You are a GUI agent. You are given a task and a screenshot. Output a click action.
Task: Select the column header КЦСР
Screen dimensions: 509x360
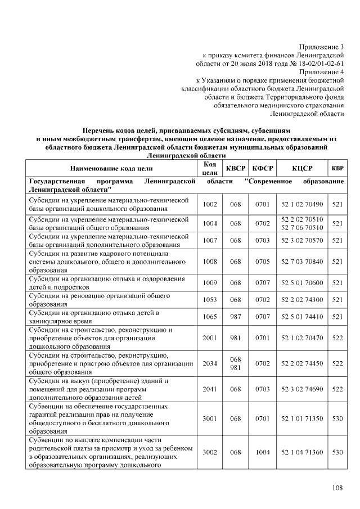(302, 168)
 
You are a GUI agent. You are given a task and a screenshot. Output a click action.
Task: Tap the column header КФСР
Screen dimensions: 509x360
(262, 168)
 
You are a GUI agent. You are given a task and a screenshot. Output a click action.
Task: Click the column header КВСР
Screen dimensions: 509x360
(235, 168)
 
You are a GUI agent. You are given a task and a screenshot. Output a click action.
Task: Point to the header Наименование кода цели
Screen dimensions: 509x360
(111, 168)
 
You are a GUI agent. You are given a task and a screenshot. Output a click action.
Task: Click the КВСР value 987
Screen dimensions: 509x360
(235, 317)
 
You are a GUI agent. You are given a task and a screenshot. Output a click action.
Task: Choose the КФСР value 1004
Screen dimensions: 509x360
(262, 452)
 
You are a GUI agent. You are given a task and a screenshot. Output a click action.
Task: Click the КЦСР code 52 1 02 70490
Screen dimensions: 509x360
(302, 204)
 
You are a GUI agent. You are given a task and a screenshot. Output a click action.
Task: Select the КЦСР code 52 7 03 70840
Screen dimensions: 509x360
(302, 262)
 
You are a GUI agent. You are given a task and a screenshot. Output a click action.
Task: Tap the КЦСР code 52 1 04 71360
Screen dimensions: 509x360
(302, 452)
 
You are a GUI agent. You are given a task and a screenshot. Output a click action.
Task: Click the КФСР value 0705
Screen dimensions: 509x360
(262, 262)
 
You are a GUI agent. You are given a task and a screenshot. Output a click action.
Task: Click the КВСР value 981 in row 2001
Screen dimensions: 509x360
(235, 338)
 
